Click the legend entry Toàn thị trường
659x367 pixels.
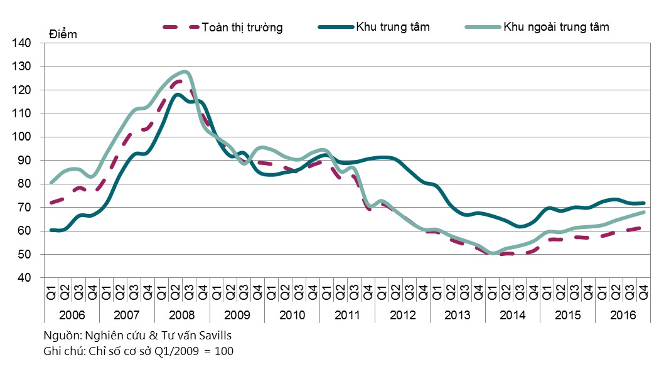click(x=242, y=27)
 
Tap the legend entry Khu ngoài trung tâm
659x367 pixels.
click(x=556, y=27)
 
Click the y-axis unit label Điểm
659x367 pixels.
click(x=63, y=35)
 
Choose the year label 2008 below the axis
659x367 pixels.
click(x=182, y=314)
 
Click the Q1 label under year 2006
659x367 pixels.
click(x=51, y=292)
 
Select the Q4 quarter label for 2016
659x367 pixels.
click(x=643, y=292)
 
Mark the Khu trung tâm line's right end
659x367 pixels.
click(x=644, y=203)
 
